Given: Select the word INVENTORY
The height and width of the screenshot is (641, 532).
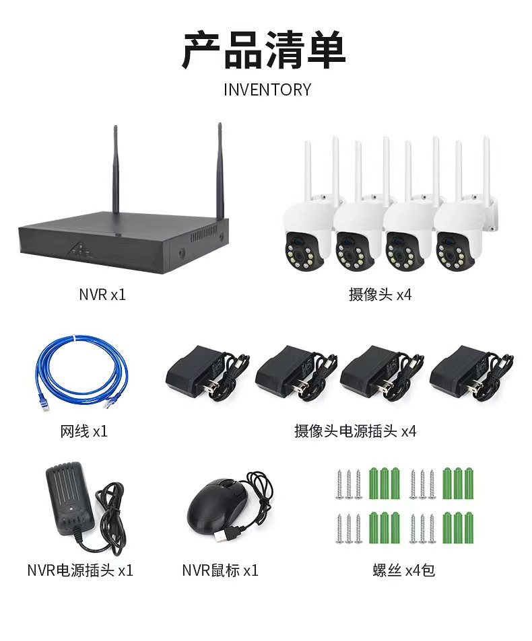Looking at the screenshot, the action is click(x=267, y=89).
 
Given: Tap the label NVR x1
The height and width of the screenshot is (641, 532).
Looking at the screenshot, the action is click(x=102, y=295).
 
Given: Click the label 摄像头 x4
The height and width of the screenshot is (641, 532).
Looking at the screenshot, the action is click(x=380, y=295).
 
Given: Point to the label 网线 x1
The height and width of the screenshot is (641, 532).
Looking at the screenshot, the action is click(x=84, y=431).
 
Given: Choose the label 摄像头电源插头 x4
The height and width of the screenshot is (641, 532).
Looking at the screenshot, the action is click(x=355, y=431).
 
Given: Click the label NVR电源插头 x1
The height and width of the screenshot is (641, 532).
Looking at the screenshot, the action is click(x=80, y=570).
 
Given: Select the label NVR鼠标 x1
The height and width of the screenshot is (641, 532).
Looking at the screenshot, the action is click(x=220, y=570).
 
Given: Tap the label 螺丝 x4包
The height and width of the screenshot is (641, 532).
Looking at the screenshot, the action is click(x=403, y=570).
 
